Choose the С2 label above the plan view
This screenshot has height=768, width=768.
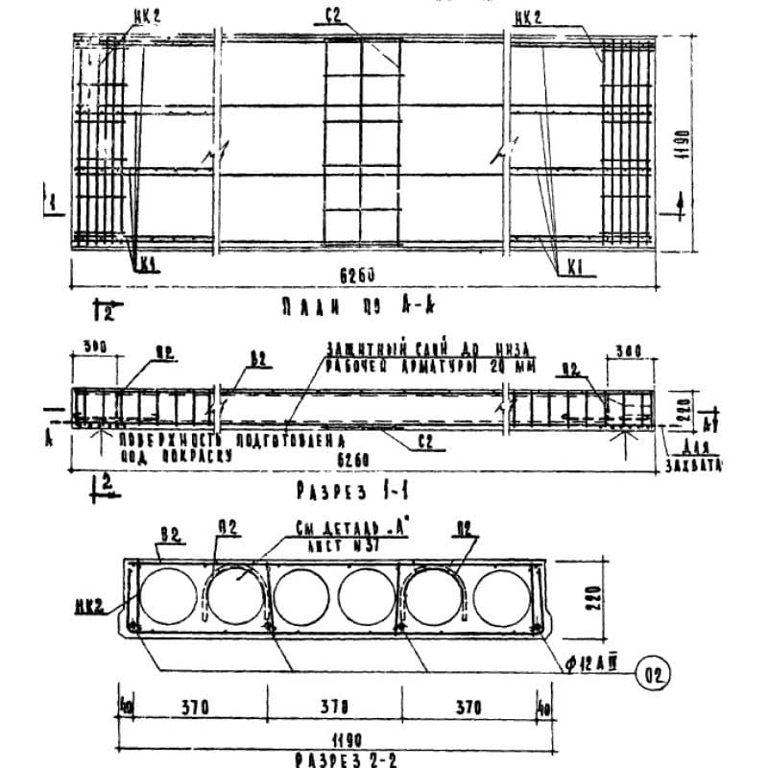(x=334, y=15)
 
